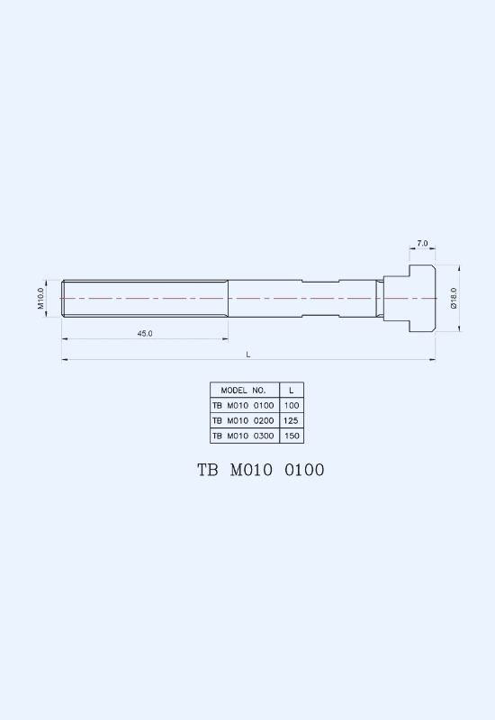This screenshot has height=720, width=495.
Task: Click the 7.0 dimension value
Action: tap(422, 243)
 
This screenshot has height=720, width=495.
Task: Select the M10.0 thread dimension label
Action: tap(40, 299)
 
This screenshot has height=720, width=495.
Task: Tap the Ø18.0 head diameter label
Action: tap(454, 299)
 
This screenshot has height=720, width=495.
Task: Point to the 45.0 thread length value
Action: tap(145, 333)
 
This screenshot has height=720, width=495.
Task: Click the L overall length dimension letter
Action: tap(248, 355)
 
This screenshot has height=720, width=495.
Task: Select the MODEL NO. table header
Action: tap(243, 391)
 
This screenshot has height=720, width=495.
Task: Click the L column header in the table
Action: tap(291, 391)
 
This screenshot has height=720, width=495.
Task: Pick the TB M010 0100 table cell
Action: tap(243, 406)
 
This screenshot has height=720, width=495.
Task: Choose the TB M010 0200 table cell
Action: tap(243, 420)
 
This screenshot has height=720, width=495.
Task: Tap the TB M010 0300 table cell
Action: tap(243, 436)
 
